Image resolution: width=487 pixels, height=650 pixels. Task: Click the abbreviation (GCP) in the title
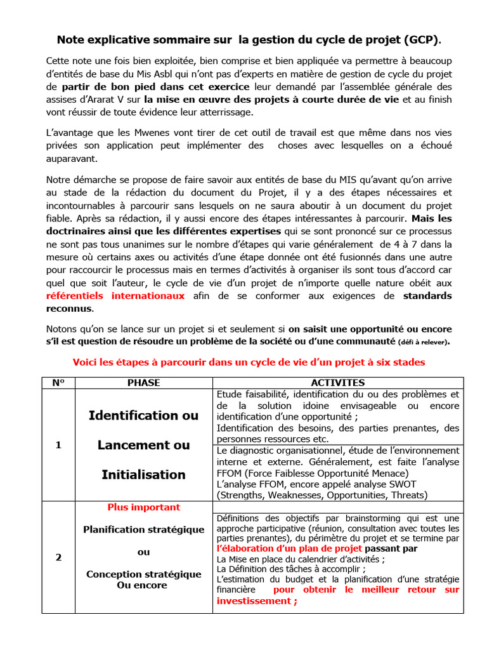coord(420,39)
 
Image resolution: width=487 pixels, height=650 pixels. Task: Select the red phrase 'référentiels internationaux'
coord(115,296)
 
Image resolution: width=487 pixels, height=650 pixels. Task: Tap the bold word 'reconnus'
coord(70,308)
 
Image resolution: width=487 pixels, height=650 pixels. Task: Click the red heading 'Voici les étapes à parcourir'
coord(249,362)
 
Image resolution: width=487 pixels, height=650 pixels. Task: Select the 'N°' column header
coord(58,383)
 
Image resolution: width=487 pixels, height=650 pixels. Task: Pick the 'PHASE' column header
coord(143,383)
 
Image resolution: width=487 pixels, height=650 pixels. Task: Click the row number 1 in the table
coord(58,445)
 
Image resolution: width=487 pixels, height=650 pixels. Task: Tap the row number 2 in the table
coord(58,557)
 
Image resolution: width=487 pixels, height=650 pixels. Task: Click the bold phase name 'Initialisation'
coord(143,475)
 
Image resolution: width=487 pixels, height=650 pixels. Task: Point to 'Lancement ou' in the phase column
coord(143,445)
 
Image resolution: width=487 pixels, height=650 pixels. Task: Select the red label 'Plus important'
coord(143,507)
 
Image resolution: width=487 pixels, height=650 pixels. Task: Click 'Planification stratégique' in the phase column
coord(143,529)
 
